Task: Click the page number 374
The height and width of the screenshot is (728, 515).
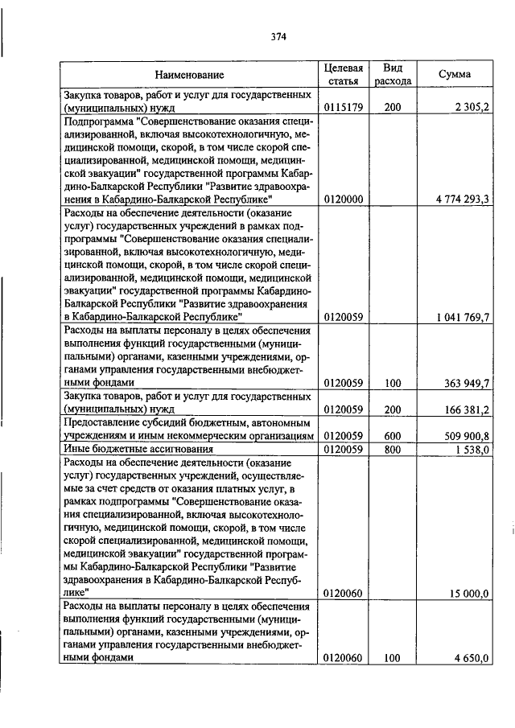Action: [278, 36]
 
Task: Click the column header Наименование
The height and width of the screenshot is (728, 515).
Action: [190, 75]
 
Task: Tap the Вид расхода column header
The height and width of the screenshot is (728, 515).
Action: [393, 74]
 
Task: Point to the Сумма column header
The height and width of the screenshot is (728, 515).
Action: [455, 74]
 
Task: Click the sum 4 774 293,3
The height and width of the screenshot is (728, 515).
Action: [458, 199]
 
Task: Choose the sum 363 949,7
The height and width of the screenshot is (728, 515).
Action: [465, 383]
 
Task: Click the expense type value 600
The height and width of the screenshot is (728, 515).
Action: [393, 435]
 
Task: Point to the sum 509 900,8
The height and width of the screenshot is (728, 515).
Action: [465, 435]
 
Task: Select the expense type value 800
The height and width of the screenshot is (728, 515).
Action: [393, 449]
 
